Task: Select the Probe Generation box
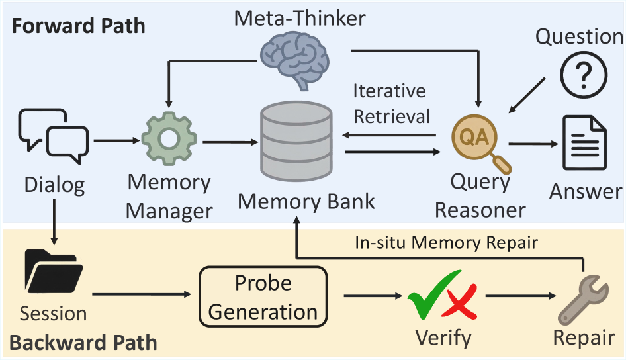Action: tap(263, 296)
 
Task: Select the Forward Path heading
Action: tap(78, 27)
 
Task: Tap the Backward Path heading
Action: tap(83, 343)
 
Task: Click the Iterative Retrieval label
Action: tap(391, 103)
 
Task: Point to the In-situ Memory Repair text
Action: tap(447, 243)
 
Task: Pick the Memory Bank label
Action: tap(306, 201)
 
